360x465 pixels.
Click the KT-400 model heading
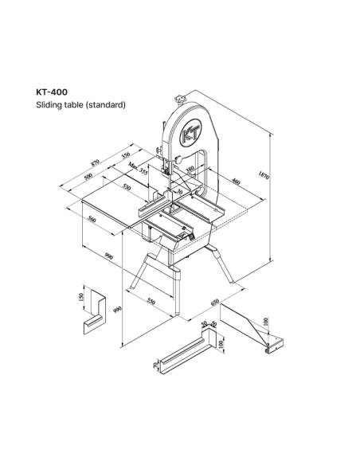[x=52, y=92]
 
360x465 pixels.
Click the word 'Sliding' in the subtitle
[x=45, y=105]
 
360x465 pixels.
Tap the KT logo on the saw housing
[x=190, y=133]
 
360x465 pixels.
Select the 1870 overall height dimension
[x=264, y=175]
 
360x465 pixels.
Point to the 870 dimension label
[x=95, y=163]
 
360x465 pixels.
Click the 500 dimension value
[x=88, y=177]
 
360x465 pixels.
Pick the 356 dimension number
[x=126, y=155]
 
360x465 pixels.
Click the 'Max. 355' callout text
[x=138, y=168]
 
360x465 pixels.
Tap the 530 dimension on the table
[x=126, y=187]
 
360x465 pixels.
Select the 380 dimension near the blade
[x=190, y=170]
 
